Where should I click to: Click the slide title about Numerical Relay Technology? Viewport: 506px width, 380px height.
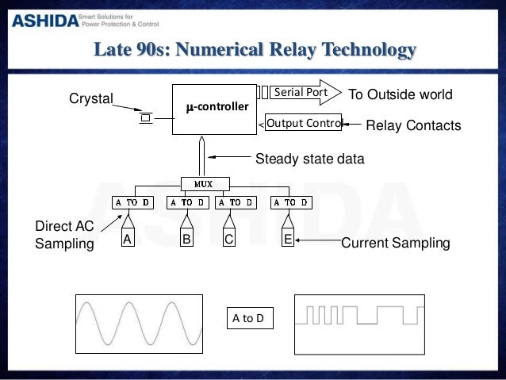pos(254,52)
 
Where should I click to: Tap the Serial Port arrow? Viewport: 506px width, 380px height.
pos(297,93)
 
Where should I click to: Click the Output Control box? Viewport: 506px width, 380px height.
pos(302,124)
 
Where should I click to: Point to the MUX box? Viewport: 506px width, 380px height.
pos(205,183)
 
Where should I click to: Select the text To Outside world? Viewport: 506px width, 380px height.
pos(401,94)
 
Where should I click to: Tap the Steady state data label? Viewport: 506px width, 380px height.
pos(309,159)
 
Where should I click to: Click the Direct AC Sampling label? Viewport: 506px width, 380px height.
pos(65,236)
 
